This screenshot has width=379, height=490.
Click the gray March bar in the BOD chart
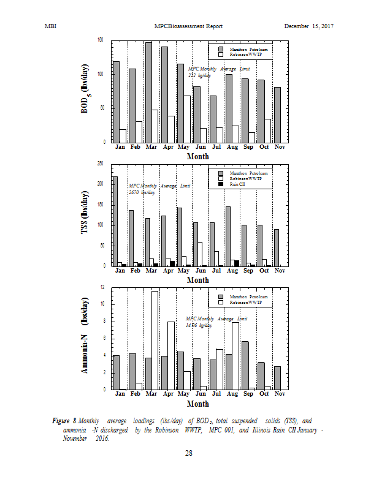click(x=148, y=92)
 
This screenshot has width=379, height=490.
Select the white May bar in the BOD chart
click(x=187, y=119)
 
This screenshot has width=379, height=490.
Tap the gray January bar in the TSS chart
click(x=115, y=221)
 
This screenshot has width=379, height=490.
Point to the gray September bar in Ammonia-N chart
click(x=245, y=365)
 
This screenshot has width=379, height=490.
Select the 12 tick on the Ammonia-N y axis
click(x=102, y=287)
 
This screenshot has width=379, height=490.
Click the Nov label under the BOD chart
click(x=280, y=148)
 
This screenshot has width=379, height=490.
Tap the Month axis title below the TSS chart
click(x=197, y=280)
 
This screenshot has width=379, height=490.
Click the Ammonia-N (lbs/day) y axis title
click(x=85, y=337)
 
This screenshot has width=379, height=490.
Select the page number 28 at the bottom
click(x=189, y=453)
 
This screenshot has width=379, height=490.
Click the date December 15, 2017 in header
click(x=308, y=26)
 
